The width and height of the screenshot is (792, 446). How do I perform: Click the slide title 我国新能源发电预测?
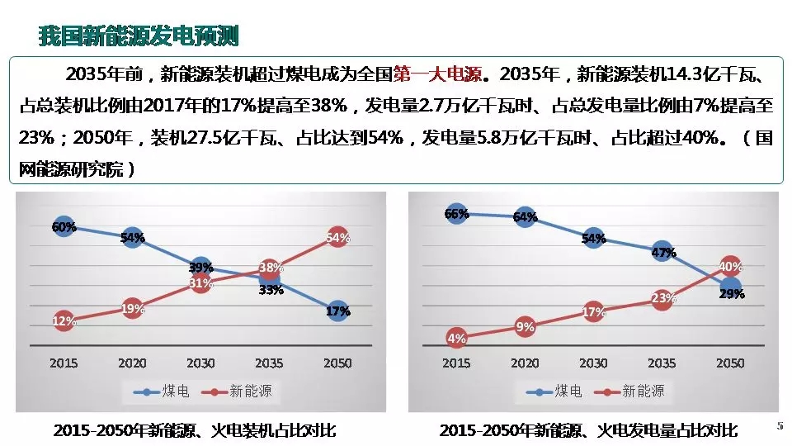pos(139,36)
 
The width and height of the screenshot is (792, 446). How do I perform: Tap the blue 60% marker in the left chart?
pos(64,226)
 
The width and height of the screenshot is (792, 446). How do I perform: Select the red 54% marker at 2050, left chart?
pos(337,237)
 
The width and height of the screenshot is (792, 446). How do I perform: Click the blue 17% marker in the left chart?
pos(337,311)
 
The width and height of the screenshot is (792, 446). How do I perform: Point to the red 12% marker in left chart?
pos(64,321)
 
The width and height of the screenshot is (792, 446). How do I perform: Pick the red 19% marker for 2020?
pos(132,309)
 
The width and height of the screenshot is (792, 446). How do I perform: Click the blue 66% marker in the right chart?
pos(456,214)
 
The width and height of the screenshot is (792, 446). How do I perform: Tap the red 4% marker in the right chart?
pos(456,337)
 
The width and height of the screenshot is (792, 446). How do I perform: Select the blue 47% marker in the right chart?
pos(662,252)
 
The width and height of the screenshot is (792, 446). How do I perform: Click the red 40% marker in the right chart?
pos(730,266)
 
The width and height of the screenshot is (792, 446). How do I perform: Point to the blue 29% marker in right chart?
pos(730,289)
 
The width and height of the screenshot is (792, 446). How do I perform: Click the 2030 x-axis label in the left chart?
pos(200,363)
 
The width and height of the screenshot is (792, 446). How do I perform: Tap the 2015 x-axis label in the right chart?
pos(456,363)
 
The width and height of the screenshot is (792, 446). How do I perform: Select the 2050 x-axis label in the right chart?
pos(730,363)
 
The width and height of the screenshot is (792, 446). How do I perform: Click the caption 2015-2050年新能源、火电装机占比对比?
pos(195,430)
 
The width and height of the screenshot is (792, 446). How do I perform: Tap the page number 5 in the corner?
pos(780,425)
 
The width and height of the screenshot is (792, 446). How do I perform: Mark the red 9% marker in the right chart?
pos(525,326)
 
